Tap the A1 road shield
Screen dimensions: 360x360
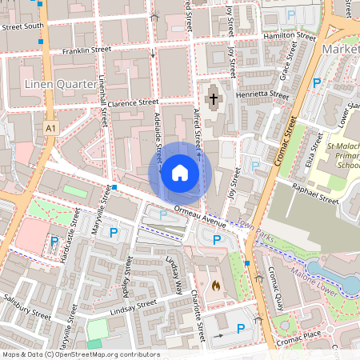coord(51,127)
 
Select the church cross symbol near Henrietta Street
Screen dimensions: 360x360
coord(213,101)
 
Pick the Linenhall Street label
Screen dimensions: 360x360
coord(103,103)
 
